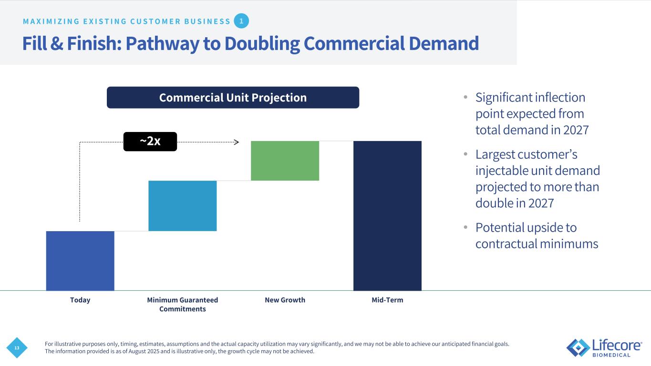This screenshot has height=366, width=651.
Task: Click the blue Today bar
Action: pos(80,260)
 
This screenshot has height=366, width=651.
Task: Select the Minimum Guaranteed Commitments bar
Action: pos(183,205)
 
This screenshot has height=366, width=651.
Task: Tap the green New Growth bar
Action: pos(285,161)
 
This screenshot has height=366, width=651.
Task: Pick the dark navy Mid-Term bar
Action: pos(387,215)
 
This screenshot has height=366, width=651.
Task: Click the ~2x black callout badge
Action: pos(150,142)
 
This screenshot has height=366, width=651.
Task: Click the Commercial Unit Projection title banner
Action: pos(233,98)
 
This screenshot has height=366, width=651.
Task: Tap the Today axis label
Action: pos(80,300)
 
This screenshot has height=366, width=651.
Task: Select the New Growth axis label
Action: pos(285,300)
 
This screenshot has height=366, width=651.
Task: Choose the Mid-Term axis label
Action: pos(387,300)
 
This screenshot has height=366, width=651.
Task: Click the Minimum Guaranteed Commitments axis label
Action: pos(183,304)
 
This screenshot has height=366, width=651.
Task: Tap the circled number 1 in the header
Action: pos(242,21)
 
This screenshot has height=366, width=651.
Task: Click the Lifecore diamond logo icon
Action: pos(578,347)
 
